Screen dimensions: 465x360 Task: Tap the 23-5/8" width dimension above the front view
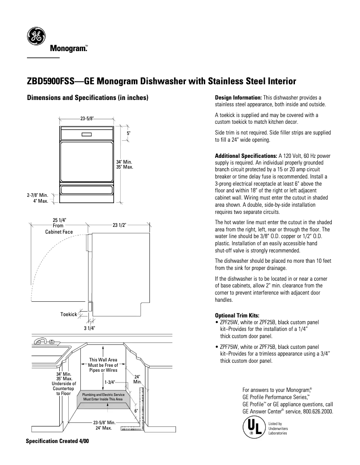point(87,119)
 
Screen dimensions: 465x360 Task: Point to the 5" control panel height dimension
point(128,134)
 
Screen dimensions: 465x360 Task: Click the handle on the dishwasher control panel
point(87,134)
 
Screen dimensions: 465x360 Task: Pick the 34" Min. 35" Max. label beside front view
point(124,164)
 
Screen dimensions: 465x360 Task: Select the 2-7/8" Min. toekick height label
point(37,195)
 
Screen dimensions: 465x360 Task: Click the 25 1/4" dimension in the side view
point(60,220)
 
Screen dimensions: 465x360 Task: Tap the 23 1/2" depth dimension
point(119,226)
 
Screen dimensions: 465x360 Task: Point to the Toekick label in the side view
point(69,314)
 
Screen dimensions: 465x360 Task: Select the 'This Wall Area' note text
point(103,360)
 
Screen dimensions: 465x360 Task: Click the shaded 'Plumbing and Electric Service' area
point(103,397)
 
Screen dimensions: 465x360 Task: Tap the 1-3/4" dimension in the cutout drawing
point(110,382)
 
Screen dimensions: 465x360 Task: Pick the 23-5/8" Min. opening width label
point(105,422)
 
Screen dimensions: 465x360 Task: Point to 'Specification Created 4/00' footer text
point(57,441)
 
